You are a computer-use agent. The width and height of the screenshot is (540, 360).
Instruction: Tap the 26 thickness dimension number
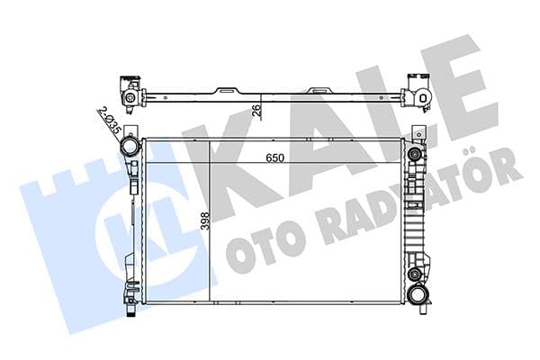256,111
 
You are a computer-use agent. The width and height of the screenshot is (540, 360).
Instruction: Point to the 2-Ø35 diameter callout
107,121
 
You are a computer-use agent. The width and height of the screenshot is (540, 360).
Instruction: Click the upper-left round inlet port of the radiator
130,146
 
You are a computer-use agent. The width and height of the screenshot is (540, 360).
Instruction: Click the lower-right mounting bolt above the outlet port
414,274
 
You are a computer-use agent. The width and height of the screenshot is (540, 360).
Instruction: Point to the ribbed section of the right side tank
415,216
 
